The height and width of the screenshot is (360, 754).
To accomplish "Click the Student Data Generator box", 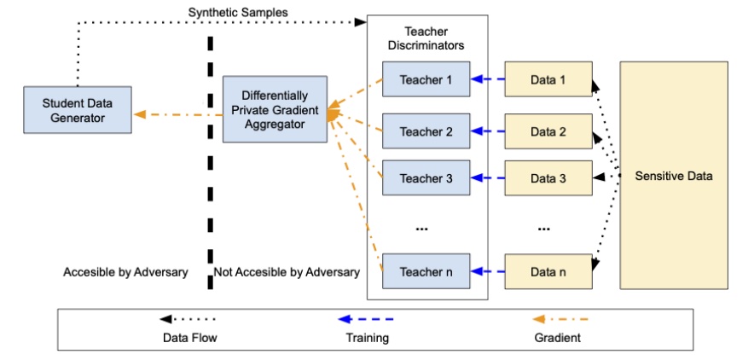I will [x=78, y=110].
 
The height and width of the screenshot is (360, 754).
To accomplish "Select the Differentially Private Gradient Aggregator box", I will [x=275, y=109].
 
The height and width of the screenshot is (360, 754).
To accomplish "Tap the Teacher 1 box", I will [x=426, y=81].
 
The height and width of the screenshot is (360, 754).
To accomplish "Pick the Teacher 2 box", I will [x=426, y=132].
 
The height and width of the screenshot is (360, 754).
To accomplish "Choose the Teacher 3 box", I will [x=426, y=178].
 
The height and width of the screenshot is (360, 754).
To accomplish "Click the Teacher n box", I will [x=426, y=272].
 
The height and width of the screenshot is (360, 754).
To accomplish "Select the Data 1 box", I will [x=548, y=81].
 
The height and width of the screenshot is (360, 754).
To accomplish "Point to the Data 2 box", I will [x=548, y=132].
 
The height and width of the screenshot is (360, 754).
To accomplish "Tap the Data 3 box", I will [x=548, y=178].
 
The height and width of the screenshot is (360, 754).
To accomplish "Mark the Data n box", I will [x=548, y=272].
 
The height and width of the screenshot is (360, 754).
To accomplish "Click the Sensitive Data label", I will [x=674, y=176].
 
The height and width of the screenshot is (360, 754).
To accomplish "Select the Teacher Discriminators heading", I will [x=426, y=38].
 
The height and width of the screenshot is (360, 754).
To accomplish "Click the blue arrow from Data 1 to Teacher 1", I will [x=487, y=81].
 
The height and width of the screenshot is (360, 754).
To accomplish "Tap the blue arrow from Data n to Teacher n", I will [x=487, y=272].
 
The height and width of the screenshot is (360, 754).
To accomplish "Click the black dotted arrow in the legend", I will [x=189, y=319].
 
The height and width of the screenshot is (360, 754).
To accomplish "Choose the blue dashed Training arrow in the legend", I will [x=366, y=319].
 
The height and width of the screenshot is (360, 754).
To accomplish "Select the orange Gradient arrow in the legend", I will [x=560, y=319].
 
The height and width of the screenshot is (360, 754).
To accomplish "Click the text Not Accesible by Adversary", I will [x=287, y=272].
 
